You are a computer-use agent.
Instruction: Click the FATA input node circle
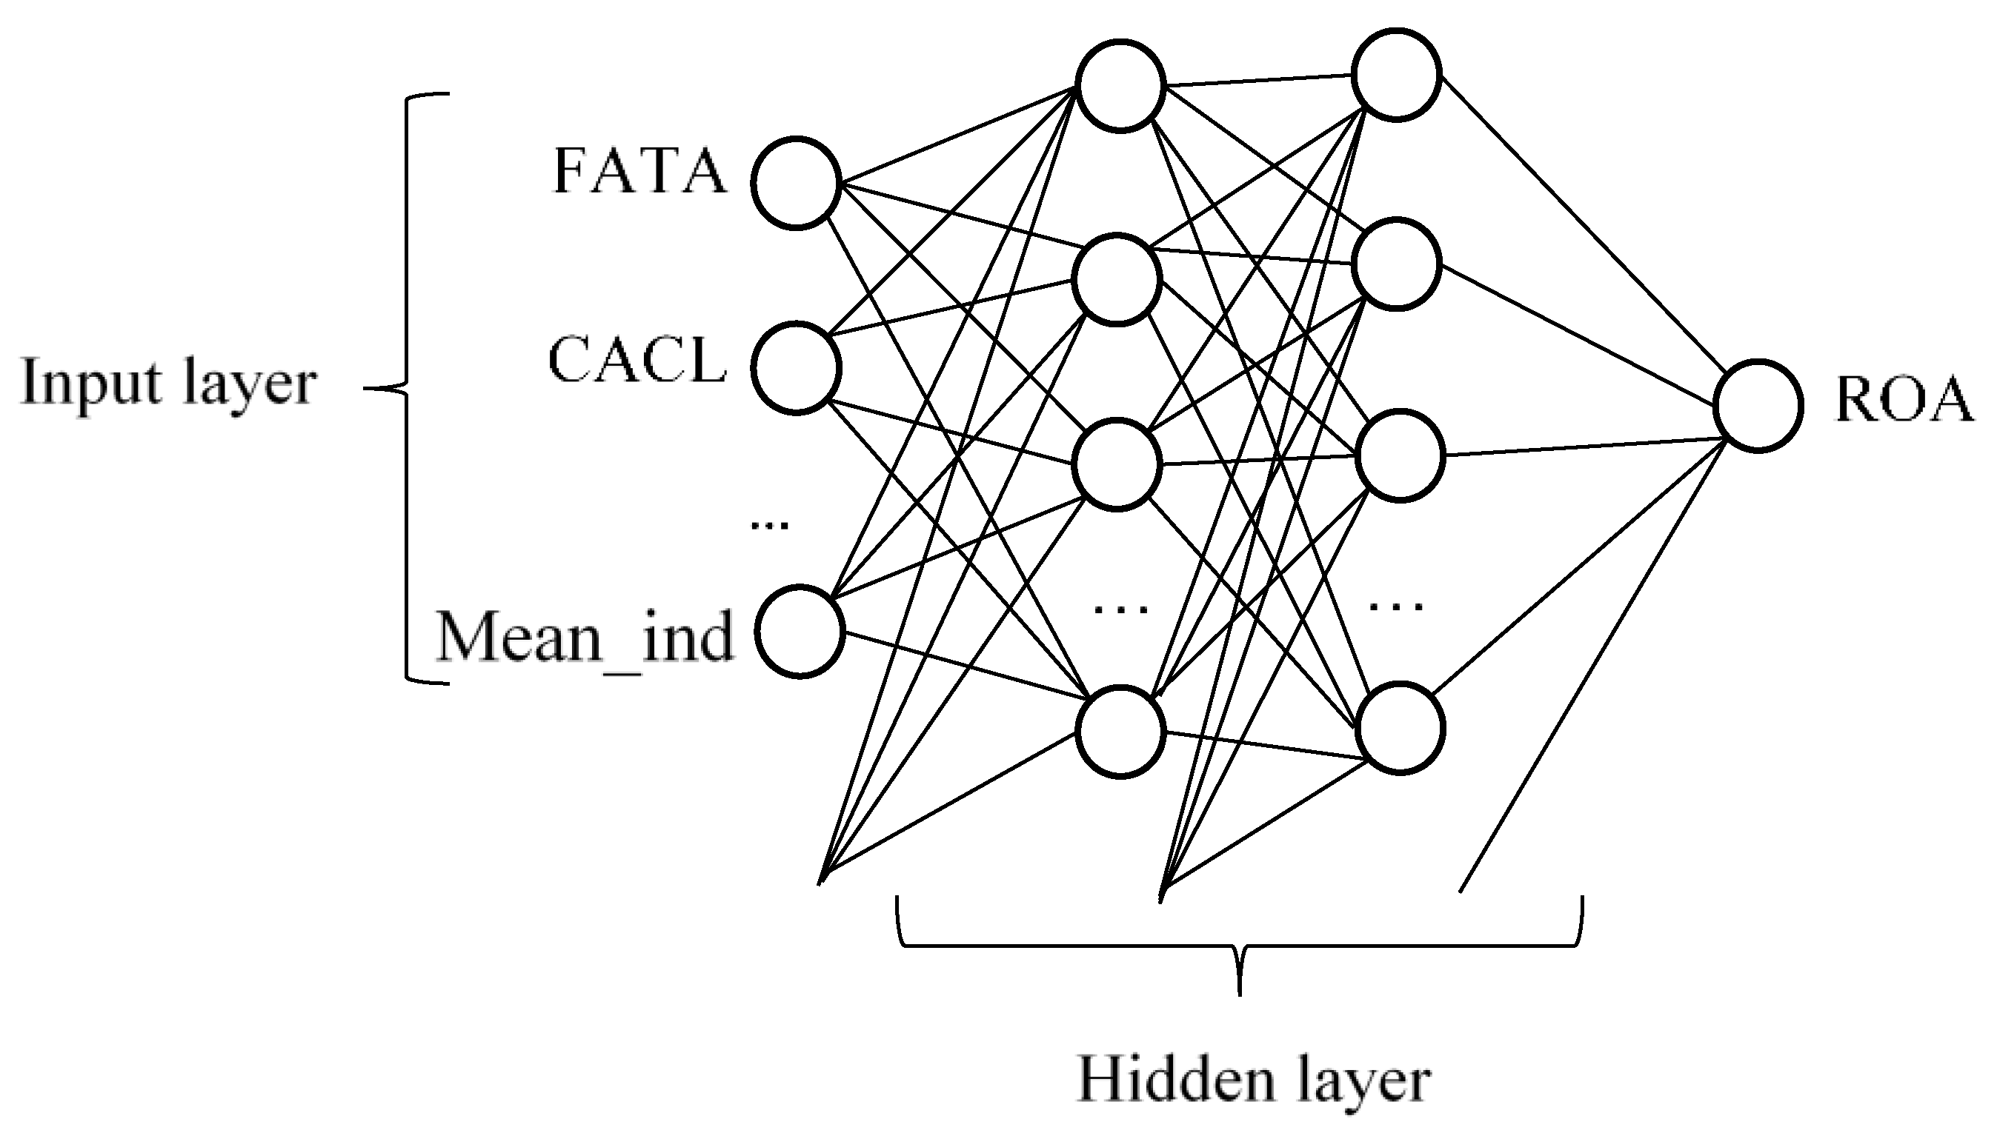point(797,183)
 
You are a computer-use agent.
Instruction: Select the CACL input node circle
point(797,368)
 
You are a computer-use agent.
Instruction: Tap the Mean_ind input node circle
point(800,631)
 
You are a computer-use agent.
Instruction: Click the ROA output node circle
point(1758,405)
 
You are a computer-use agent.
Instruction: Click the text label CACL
point(637,361)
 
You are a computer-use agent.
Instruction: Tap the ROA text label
point(1904,401)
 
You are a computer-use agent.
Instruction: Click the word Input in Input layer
point(92,383)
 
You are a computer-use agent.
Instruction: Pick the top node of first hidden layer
point(1120,85)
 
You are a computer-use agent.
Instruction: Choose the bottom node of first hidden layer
point(1120,732)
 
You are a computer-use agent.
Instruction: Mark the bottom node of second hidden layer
point(1400,729)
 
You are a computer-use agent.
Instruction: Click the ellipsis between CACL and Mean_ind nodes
point(769,526)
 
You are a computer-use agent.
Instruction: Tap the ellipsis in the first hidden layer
point(1120,609)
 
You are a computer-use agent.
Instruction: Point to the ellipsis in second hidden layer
point(1396,606)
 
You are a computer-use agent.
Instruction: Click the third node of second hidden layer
point(1400,455)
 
